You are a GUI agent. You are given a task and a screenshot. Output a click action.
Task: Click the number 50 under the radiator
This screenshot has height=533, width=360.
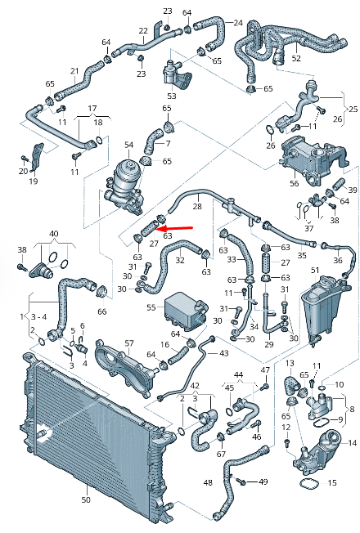click(x=86, y=499)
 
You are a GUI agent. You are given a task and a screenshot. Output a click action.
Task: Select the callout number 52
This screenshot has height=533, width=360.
click(x=295, y=59)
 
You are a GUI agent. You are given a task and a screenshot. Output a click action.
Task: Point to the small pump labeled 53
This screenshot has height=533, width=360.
click(x=176, y=74)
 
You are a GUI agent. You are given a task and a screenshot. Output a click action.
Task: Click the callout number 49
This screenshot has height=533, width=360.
click(x=263, y=482)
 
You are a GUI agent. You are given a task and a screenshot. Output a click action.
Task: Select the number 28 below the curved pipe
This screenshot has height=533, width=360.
click(x=196, y=208)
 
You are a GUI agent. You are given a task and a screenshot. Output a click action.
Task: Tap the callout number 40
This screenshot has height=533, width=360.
click(x=53, y=234)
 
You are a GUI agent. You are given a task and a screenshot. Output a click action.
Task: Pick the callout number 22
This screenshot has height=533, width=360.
click(x=143, y=31)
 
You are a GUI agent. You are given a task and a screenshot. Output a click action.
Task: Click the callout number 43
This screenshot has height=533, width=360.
click(x=224, y=352)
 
